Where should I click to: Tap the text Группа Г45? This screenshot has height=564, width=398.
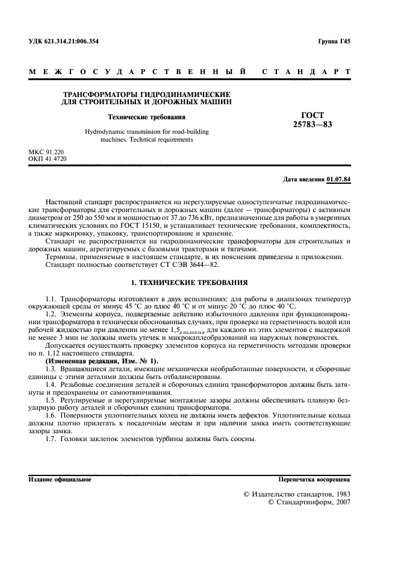point(334,42)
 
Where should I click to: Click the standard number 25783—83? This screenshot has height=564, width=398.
point(312,125)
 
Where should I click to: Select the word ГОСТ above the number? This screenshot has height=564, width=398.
point(312,115)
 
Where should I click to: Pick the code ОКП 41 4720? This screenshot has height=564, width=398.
point(48,159)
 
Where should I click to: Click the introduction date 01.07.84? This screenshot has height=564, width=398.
point(339,180)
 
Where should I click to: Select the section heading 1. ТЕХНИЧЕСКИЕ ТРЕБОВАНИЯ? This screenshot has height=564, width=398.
point(188,282)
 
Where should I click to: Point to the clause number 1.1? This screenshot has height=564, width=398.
point(52,299)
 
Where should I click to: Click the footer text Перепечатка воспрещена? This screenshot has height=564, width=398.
point(313,480)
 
